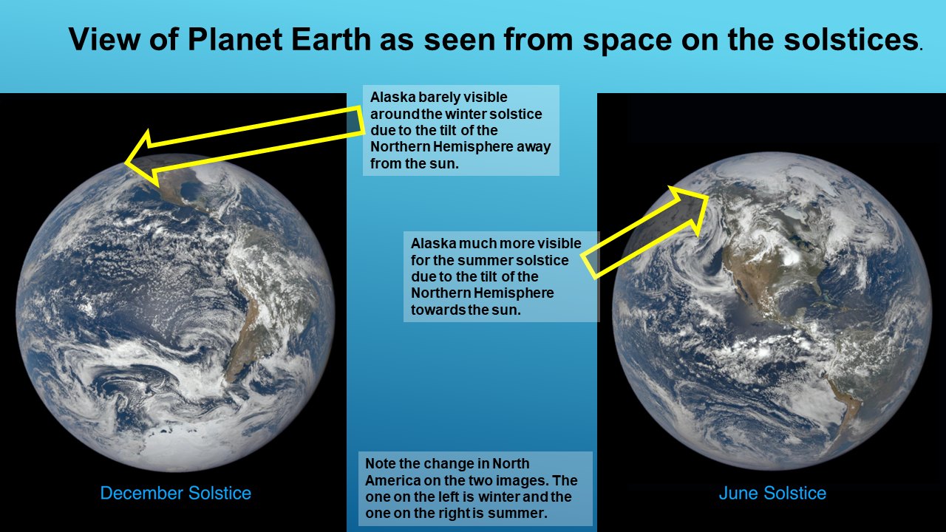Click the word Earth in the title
click(330, 39)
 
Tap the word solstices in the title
click(850, 39)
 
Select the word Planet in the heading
click(235, 39)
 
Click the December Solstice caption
click(176, 493)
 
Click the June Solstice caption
click(772, 493)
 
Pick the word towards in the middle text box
click(435, 310)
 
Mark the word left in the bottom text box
click(449, 497)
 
